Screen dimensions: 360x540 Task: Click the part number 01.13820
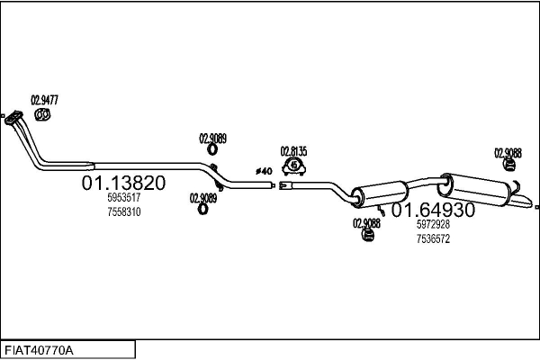(x=123, y=183)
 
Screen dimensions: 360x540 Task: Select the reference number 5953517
(x=123, y=198)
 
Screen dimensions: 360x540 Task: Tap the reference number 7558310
(x=123, y=211)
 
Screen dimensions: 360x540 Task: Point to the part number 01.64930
(x=432, y=210)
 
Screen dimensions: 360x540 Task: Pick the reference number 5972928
(x=433, y=225)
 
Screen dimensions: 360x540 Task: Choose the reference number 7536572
(x=433, y=238)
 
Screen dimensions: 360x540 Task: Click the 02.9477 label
(x=44, y=101)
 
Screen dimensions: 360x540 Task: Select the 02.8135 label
(x=293, y=151)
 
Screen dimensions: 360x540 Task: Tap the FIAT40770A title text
(x=40, y=349)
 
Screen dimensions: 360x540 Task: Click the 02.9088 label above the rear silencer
(x=508, y=152)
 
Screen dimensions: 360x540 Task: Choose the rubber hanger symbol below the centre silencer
(x=367, y=236)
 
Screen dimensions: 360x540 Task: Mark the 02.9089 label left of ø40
(x=212, y=139)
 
